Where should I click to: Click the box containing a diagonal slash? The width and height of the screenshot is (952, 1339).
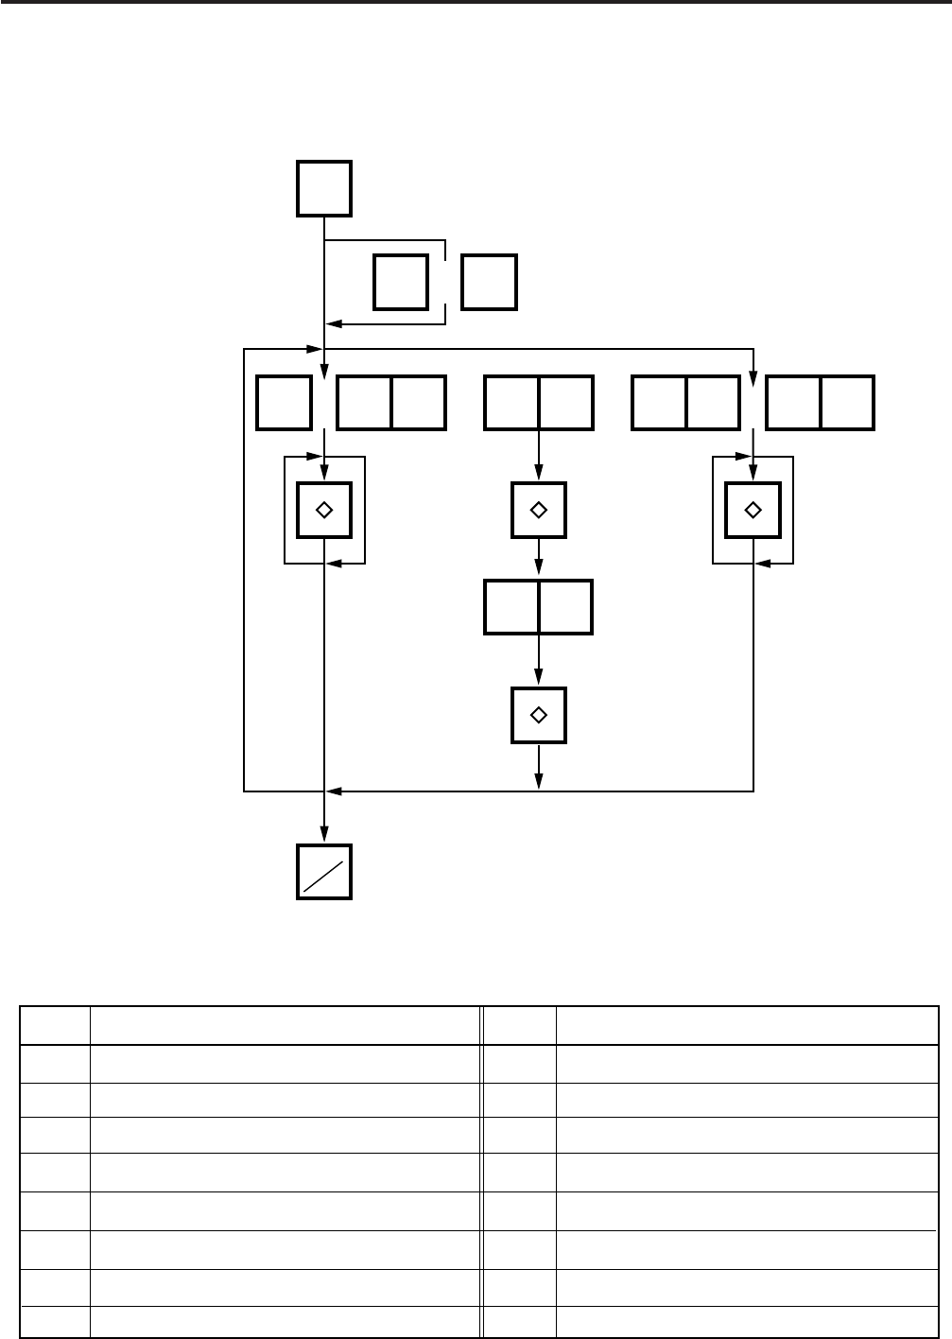(324, 871)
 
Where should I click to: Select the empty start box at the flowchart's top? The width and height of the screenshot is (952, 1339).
(324, 188)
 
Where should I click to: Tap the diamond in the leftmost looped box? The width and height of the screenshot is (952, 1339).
(324, 510)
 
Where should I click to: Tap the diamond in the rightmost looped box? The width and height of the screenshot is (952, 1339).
(753, 510)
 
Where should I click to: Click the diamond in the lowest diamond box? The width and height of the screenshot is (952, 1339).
(539, 715)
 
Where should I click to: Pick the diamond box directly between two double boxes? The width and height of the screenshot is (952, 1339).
(539, 510)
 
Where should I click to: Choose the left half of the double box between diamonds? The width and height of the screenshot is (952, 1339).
(511, 607)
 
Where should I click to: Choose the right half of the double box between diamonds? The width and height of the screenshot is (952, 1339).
(565, 607)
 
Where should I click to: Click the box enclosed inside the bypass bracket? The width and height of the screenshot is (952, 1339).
(401, 282)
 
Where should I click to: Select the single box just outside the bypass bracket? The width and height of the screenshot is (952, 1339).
(489, 282)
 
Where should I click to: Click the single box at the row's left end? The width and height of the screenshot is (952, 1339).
(285, 403)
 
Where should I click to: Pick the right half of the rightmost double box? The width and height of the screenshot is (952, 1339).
(847, 403)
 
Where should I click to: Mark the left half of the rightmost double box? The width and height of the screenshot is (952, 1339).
(793, 403)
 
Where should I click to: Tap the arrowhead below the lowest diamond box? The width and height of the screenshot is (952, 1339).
(539, 781)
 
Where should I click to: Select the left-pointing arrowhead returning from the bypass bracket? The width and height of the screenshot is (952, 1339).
(333, 324)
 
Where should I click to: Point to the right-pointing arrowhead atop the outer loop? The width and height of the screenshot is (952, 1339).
(317, 349)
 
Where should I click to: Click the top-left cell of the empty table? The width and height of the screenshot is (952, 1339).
(55, 1025)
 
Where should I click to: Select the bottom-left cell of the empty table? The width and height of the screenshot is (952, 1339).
(55, 1321)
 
